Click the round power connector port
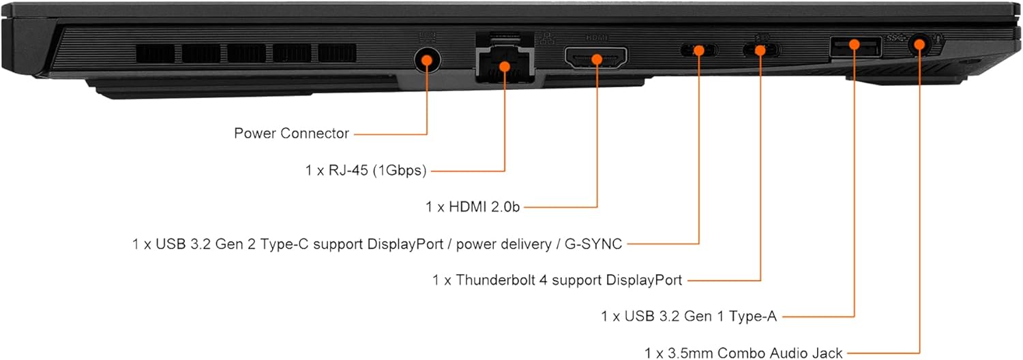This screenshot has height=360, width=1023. [x=427, y=60]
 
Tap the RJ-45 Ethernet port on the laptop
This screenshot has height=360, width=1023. [x=505, y=65]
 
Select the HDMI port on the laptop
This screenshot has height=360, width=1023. [x=596, y=59]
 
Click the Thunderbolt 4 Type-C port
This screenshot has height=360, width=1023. [x=760, y=49]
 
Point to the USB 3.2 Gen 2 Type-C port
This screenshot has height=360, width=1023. [x=698, y=49]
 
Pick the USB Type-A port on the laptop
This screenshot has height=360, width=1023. [x=855, y=46]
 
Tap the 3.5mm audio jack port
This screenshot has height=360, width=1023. [x=919, y=46]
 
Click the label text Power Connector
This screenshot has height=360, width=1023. [x=291, y=133]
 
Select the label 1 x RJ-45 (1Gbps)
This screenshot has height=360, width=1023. [x=366, y=170]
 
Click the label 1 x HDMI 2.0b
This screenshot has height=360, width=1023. [x=473, y=207]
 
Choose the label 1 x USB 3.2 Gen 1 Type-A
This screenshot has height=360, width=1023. [x=689, y=316]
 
